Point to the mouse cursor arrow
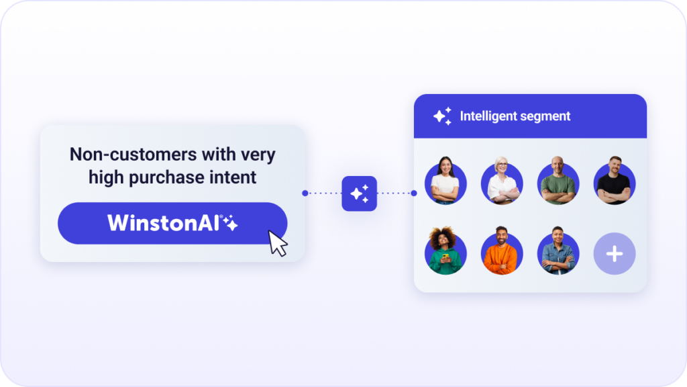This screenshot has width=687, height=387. point(277,243)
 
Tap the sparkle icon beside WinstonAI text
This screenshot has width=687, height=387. point(230,223)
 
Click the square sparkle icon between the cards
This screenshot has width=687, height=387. point(359,193)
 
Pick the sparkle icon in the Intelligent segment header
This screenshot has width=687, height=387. point(442,116)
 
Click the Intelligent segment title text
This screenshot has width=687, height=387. point(515,116)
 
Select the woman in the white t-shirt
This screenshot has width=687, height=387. point(445,181)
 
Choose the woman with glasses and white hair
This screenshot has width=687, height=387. point(502,181)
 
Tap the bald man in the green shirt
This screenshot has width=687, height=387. point(558,181)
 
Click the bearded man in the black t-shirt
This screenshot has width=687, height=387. point(615,181)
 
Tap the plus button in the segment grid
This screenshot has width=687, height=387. point(615,253)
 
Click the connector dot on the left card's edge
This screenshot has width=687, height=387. point(305,193)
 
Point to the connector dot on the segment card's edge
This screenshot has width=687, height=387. point(413,193)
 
